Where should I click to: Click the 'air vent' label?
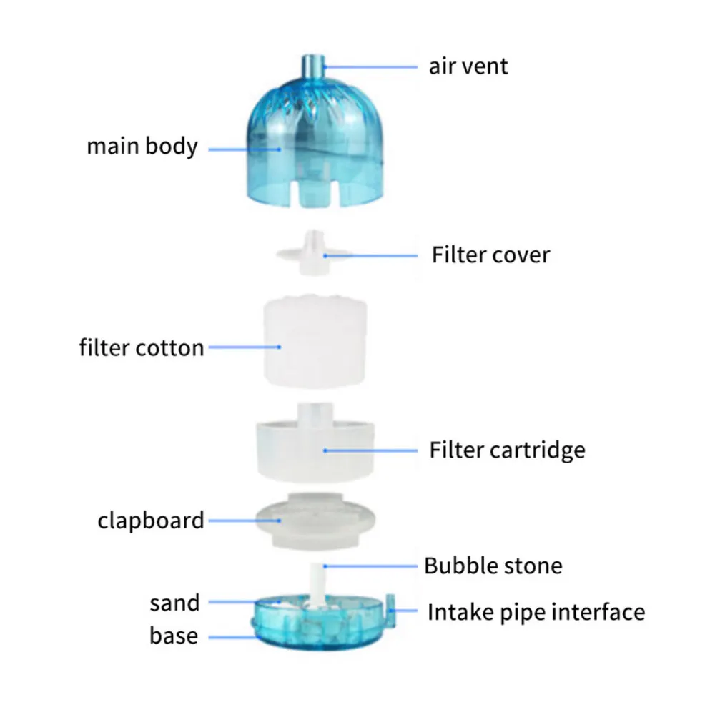point(468,66)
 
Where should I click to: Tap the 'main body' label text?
point(142,147)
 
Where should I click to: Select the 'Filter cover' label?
point(490,255)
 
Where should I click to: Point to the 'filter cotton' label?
point(142,348)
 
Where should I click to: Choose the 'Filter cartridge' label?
point(507,450)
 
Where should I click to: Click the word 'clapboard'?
point(150,521)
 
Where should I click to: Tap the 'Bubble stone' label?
point(493,566)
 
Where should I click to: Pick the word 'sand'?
point(174,603)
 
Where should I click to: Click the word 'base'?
point(174,635)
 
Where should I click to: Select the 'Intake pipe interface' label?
point(536,612)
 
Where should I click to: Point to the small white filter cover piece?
point(314,253)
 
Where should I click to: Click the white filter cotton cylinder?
point(315,342)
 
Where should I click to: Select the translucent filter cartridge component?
point(315,443)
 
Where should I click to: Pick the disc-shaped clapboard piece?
point(315,521)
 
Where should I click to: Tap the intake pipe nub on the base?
point(390,610)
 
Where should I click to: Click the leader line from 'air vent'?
point(370,67)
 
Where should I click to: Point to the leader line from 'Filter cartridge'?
point(370,450)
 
